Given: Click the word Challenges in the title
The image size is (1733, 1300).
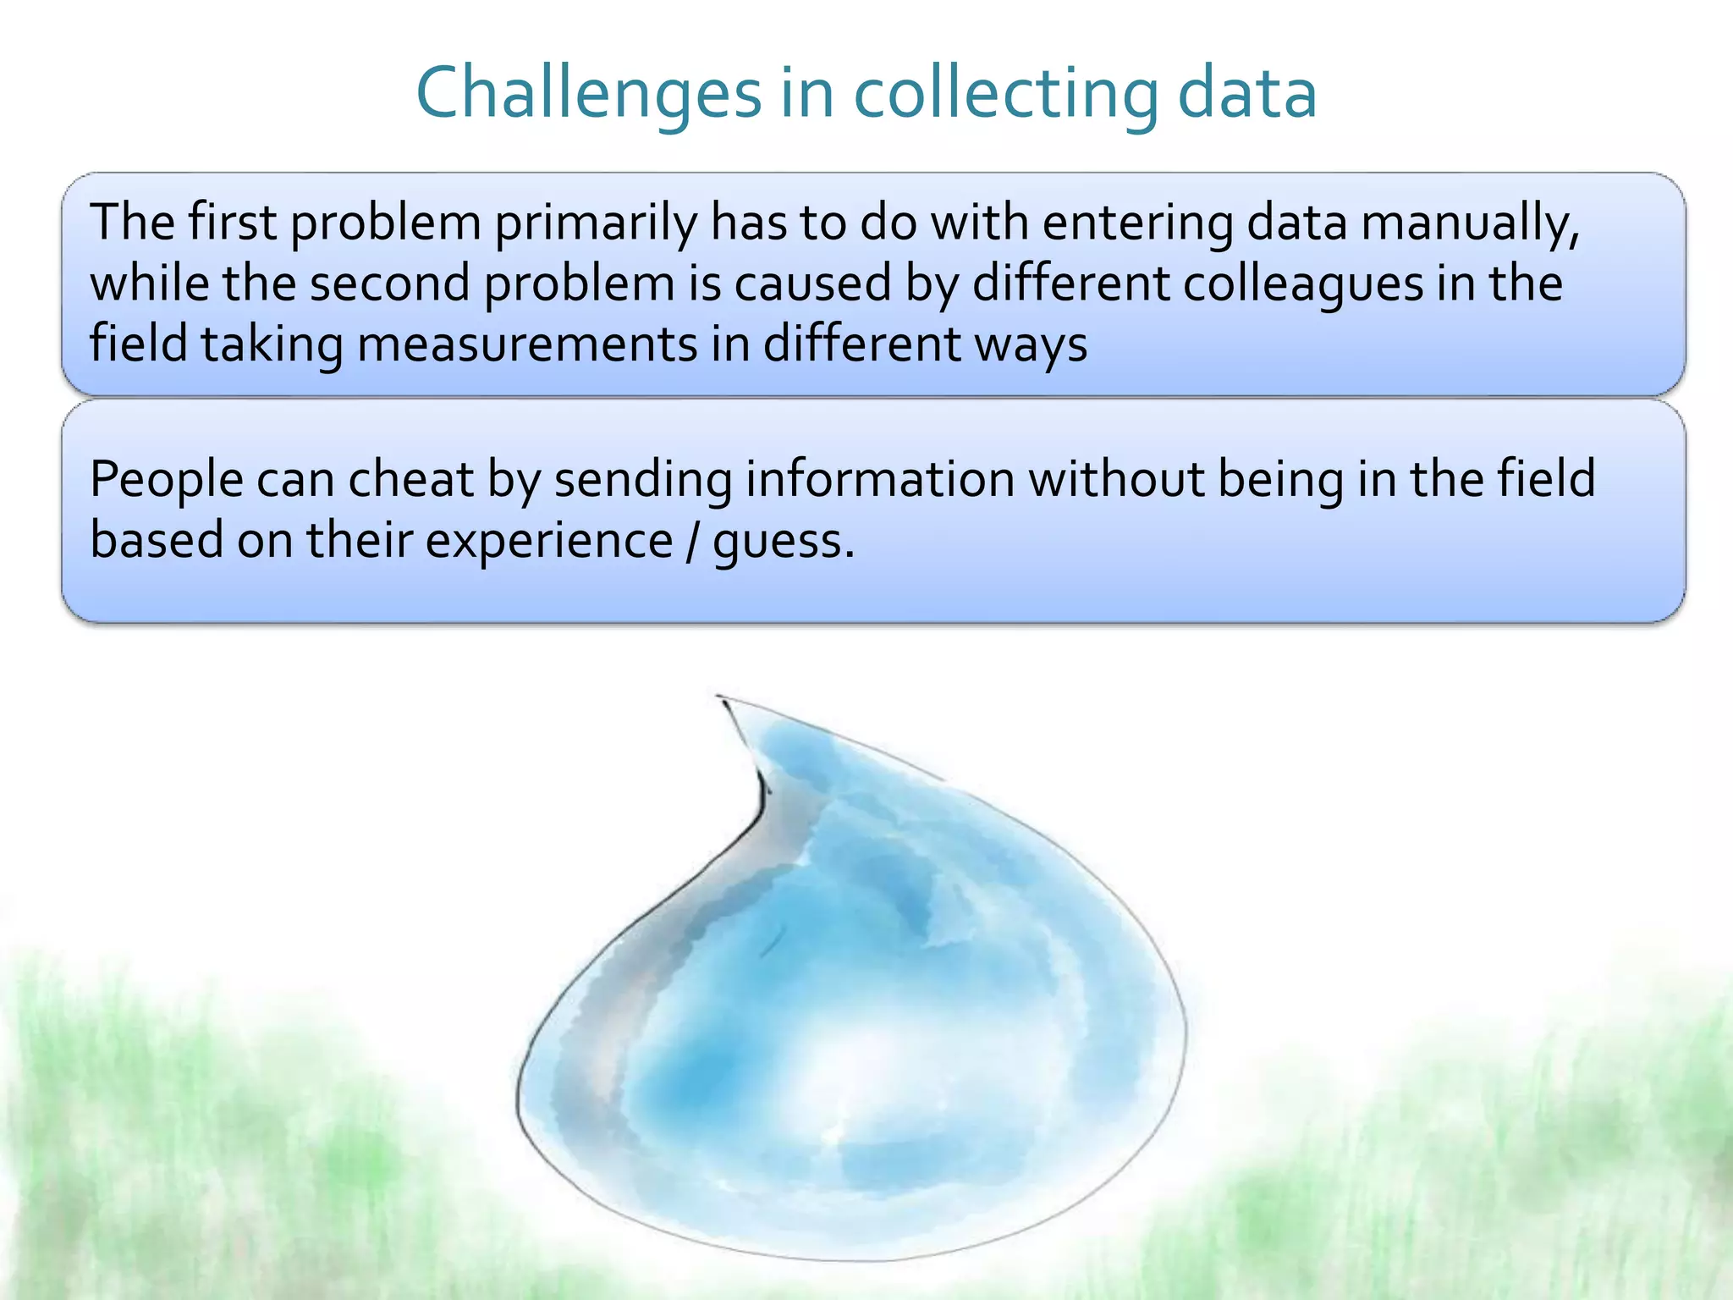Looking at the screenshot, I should [x=589, y=93].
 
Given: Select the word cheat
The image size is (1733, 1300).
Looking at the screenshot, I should [x=410, y=478].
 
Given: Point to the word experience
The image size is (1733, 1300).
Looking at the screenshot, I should [x=548, y=541].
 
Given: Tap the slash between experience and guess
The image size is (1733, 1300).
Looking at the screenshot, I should [x=693, y=541].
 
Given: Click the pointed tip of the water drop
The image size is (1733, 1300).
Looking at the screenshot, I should [x=720, y=698].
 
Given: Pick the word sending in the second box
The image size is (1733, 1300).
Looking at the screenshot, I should [x=643, y=480].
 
